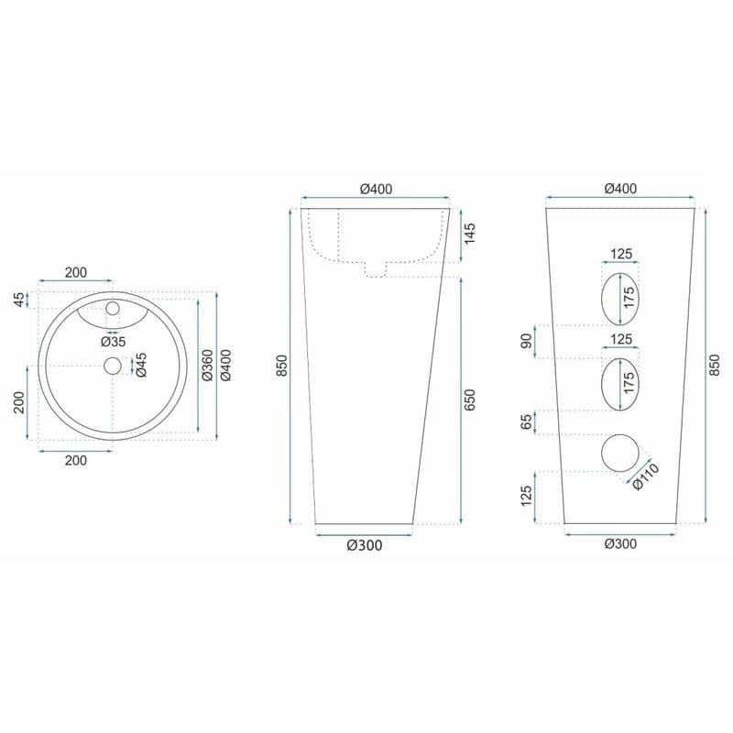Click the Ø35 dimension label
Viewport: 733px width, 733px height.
[x=114, y=342]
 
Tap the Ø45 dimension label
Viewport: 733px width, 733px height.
[x=141, y=365]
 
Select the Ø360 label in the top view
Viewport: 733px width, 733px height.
[x=208, y=365]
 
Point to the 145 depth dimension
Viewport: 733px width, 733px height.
[x=469, y=233]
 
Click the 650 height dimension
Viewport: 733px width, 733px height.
[x=469, y=399]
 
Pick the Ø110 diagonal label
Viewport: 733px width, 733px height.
[x=646, y=476]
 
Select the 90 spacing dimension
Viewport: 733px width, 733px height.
[x=526, y=341]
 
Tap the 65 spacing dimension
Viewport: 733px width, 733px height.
[x=526, y=421]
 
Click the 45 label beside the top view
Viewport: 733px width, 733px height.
[x=18, y=300]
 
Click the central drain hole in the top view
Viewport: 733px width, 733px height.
[x=113, y=366]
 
